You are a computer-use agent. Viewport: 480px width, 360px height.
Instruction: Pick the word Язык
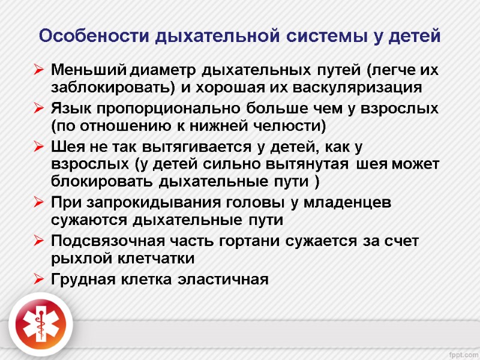pos(68,109)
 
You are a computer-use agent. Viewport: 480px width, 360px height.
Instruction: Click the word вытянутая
pos(310,164)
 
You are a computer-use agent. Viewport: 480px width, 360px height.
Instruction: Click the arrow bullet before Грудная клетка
pos(39,280)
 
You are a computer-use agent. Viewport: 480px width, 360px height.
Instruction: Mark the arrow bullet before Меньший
pos(39,71)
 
